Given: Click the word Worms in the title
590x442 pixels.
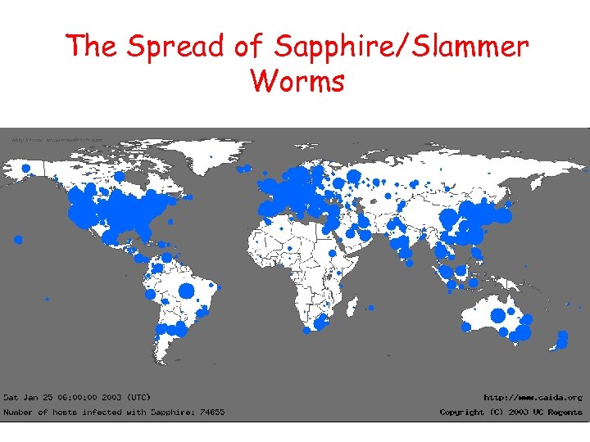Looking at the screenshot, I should [x=297, y=81].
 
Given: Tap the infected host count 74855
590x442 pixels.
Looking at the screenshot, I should [x=211, y=412].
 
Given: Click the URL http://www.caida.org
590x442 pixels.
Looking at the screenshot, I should [x=533, y=397].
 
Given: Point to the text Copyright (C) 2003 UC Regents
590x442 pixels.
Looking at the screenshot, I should [x=511, y=412].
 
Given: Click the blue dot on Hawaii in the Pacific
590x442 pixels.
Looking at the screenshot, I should [x=18, y=240].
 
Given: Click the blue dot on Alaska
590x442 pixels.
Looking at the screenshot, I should [x=25, y=169].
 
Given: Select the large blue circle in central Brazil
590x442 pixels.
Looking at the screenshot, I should [x=186, y=291].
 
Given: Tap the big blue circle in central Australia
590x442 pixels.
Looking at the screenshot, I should [x=497, y=315].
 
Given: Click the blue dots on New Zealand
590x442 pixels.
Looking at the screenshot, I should [x=562, y=338].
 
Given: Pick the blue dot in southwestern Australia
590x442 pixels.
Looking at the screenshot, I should [x=466, y=327].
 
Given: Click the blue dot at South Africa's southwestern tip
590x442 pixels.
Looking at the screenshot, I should [x=306, y=331].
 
